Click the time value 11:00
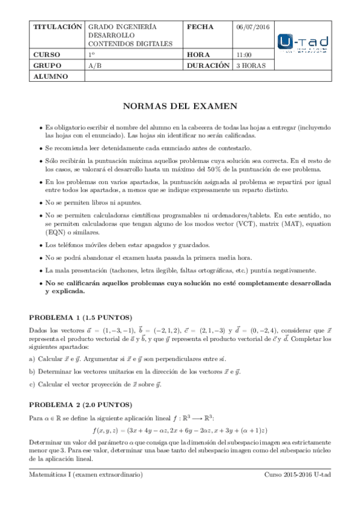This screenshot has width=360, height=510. (245, 55)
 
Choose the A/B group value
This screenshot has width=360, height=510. (94, 66)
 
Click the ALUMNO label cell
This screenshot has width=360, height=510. (50, 76)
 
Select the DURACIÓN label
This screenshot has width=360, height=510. (209, 66)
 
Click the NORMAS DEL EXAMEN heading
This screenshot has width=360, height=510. (180, 106)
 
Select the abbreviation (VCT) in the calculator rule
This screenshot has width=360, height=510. (254, 223)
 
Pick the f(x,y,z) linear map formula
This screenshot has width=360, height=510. (180, 430)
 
